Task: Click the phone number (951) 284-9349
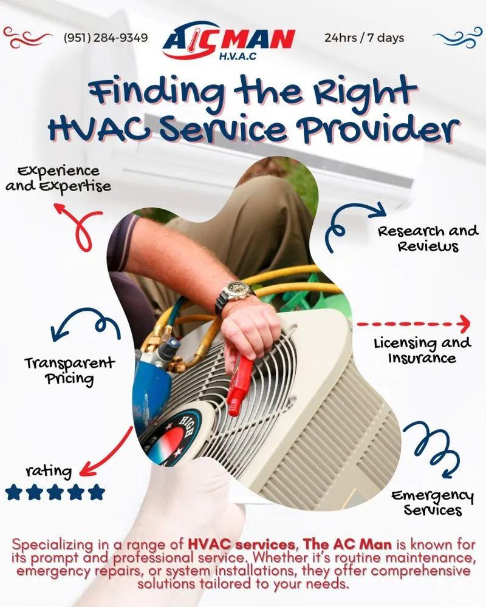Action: (106, 38)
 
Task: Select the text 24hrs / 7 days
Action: (364, 38)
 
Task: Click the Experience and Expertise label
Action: (58, 178)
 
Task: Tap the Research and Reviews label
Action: (428, 239)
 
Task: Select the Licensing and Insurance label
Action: (422, 350)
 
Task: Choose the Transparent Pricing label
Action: (69, 371)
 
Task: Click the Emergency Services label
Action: (432, 503)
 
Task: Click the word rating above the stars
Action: (49, 471)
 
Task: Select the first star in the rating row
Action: (14, 492)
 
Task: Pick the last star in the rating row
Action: (96, 492)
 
